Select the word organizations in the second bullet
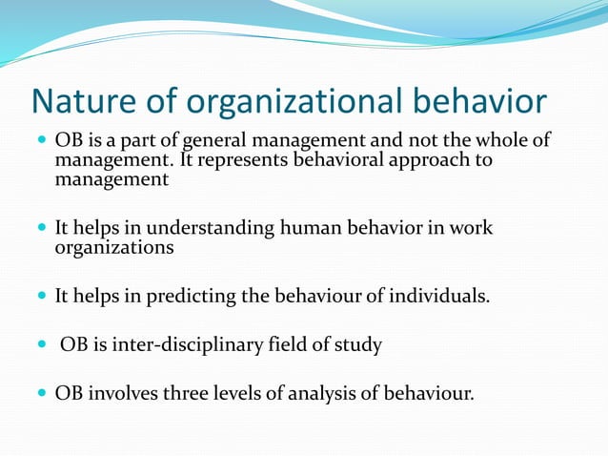[114, 248]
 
